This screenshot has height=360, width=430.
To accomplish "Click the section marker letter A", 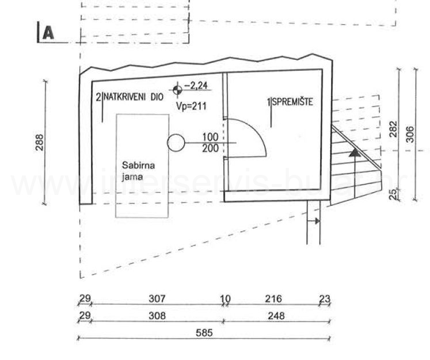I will (x=47, y=33).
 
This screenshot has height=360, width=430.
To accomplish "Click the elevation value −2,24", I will (x=197, y=87).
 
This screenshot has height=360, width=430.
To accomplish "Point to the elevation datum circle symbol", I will (x=177, y=88).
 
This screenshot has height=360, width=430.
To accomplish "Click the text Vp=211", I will (x=191, y=106).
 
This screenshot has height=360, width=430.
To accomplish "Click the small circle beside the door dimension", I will (x=176, y=141).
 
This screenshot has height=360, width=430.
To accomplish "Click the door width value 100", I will (x=210, y=137).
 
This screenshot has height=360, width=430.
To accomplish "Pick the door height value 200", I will (x=210, y=148).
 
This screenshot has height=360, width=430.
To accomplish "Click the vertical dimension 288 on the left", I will (x=39, y=143).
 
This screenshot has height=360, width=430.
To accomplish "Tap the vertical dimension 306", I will (x=409, y=134).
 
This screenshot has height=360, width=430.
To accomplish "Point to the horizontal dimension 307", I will (x=157, y=298).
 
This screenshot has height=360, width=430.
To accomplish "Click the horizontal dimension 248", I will (x=275, y=315).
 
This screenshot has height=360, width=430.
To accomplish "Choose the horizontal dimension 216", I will (x=273, y=298).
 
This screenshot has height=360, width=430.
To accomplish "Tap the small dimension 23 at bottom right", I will (x=325, y=298).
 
